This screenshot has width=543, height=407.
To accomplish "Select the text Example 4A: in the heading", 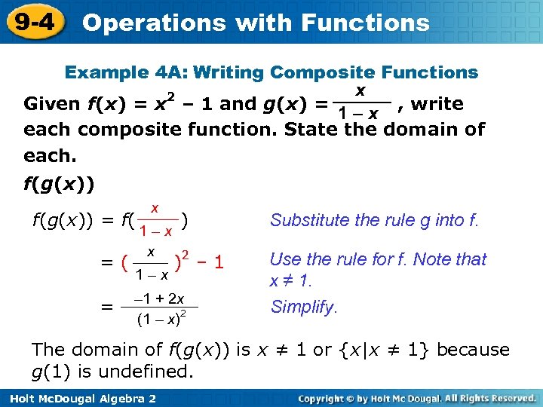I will pyautogui.click(x=126, y=73).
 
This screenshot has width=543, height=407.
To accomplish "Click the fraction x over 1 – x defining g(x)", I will pyautogui.click(x=360, y=103).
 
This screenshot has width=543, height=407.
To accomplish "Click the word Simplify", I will pyautogui.click(x=304, y=307).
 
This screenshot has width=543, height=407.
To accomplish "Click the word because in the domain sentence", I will pyautogui.click(x=473, y=350).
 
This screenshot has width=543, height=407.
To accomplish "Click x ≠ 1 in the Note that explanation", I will pyautogui.click(x=290, y=280).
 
